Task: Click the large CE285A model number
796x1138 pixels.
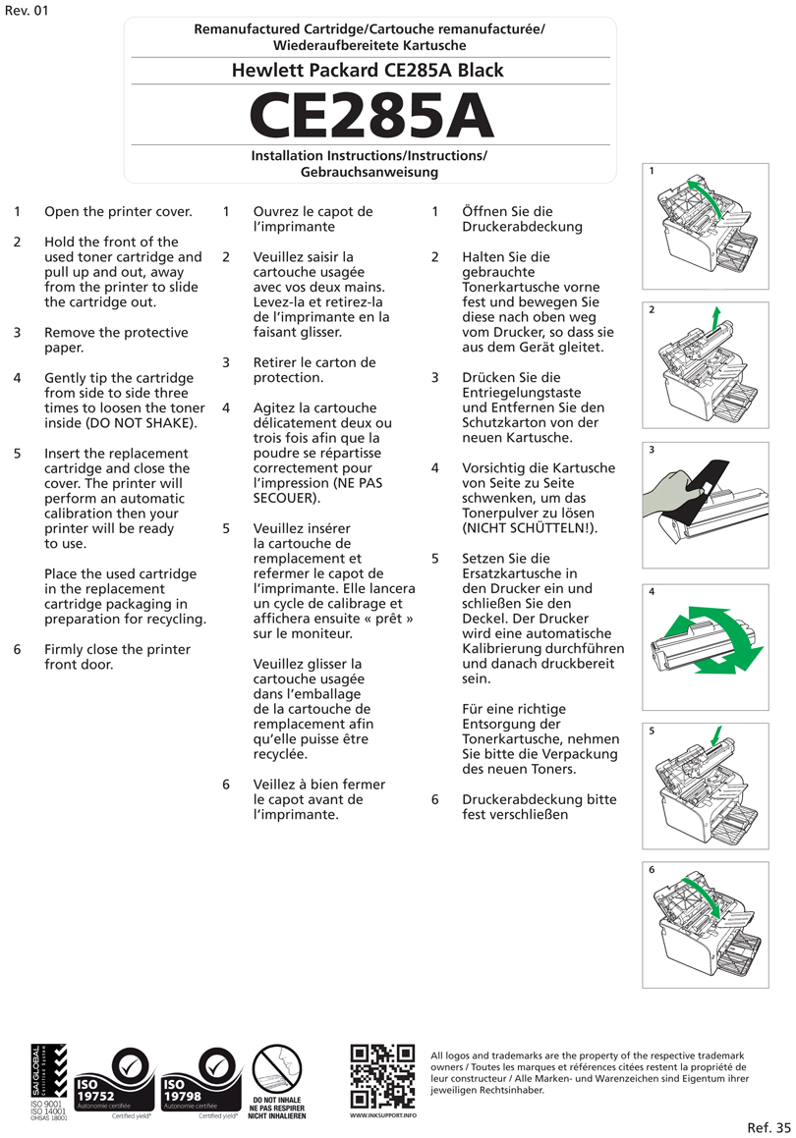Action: point(370,117)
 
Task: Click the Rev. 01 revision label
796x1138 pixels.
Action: point(26,11)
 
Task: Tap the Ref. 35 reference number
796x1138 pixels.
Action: point(768,1127)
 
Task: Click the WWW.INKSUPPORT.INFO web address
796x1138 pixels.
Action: point(383,1116)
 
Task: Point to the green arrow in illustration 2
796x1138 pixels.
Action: point(716,319)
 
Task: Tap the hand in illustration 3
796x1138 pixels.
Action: point(669,492)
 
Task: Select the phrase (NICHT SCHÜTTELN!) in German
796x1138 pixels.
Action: point(530,528)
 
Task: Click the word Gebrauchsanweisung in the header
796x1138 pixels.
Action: point(370,172)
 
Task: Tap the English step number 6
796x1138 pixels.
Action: point(18,649)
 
